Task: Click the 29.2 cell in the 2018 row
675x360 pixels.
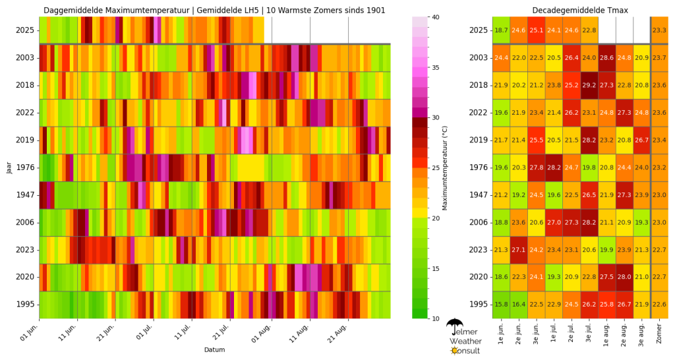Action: pos(589,85)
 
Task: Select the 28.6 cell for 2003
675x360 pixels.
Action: pos(607,57)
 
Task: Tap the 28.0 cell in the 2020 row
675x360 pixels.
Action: pos(625,277)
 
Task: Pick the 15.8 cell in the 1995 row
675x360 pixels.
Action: pos(501,305)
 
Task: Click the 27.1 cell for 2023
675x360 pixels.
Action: pos(519,250)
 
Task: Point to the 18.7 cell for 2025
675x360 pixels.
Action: pos(501,30)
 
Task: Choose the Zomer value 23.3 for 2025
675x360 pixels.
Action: pos(659,30)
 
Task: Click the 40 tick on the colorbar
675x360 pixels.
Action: pos(436,16)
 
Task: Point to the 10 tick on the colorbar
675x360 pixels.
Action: pos(436,318)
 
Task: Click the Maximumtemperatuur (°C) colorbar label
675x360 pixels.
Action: pos(446,167)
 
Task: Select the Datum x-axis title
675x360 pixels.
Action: pos(214,349)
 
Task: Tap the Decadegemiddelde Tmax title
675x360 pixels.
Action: pos(580,10)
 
